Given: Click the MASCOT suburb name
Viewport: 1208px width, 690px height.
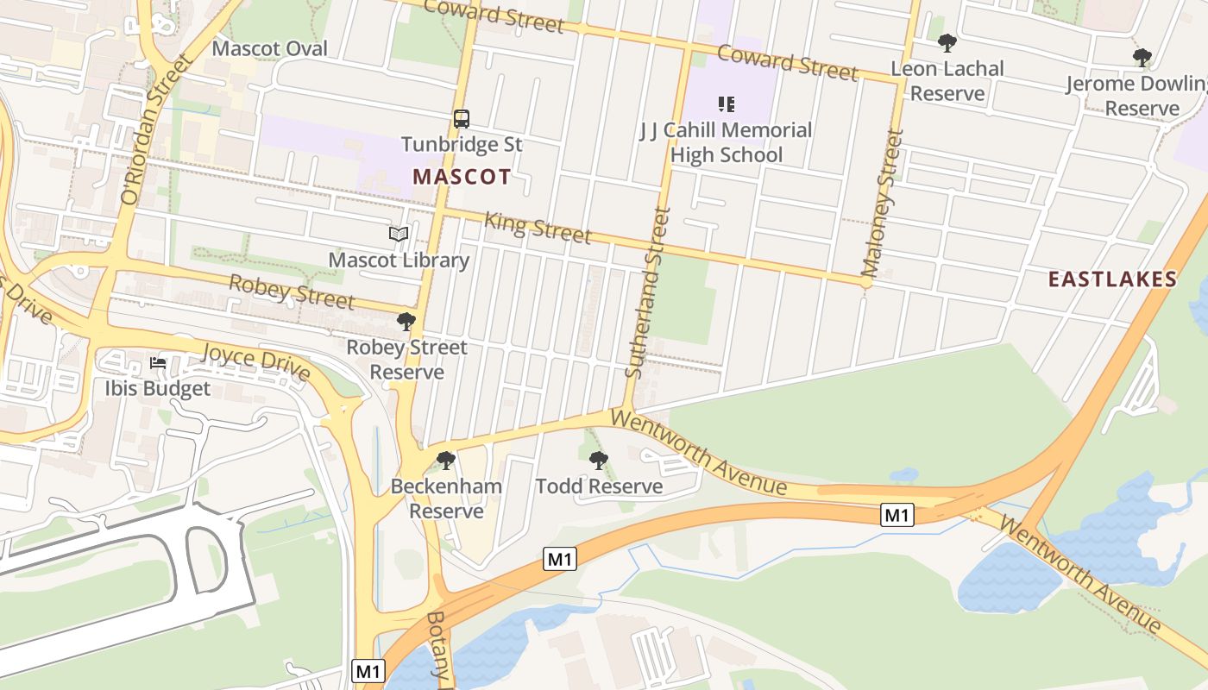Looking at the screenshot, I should coord(461,178).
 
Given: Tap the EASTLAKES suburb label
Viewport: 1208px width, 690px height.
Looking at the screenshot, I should coord(1111,279).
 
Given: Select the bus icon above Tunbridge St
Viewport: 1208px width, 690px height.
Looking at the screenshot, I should coord(462,119).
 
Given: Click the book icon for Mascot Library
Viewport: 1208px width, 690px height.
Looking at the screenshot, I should coord(398,235).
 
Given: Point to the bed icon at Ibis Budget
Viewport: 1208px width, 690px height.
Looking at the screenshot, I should coord(158,363).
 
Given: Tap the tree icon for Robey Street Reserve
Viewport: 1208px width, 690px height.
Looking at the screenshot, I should coord(406,323).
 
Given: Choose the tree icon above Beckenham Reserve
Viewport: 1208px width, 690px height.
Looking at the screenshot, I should coord(446,461).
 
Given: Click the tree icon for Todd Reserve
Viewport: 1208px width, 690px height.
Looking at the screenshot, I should coord(598,461).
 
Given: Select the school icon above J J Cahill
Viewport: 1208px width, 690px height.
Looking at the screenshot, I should coord(726,104).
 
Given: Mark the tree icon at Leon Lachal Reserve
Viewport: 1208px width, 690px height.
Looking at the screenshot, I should coord(947,43).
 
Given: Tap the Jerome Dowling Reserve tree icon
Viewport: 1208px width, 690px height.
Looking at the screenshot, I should coord(1142,58).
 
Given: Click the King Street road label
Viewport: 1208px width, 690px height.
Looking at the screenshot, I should coord(538,227).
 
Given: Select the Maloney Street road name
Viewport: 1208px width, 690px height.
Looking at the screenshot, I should coord(881,202).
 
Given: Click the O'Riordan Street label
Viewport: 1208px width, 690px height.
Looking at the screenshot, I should coord(155,130).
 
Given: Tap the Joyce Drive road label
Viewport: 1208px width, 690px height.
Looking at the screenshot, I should coord(255,361).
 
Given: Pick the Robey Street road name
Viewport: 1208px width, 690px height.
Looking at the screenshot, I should coord(292,292).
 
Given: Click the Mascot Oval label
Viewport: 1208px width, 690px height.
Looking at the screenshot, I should coord(269,48).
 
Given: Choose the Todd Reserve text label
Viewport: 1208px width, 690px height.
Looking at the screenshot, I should coord(599,486).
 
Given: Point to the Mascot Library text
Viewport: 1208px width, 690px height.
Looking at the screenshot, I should coord(399,260).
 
